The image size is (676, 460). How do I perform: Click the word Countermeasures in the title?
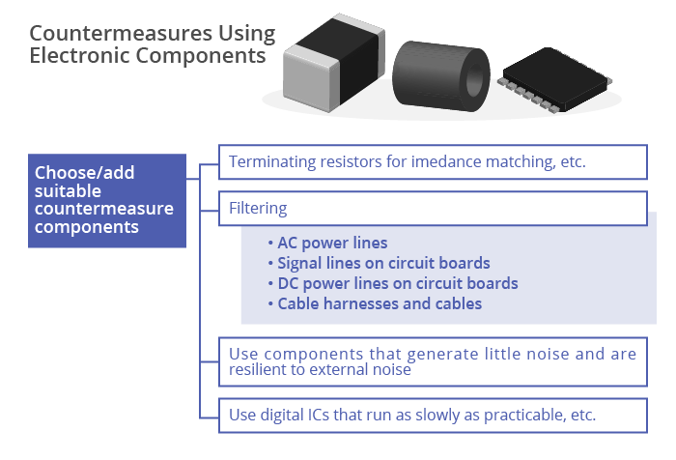121,33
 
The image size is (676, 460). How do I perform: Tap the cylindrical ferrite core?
441,76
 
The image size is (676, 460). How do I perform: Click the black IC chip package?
555,80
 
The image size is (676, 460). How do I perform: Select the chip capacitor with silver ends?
334,63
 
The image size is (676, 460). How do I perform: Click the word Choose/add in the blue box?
85,173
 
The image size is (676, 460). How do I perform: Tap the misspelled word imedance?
446,161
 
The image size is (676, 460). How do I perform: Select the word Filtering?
258,208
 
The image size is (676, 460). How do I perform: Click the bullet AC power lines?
327,243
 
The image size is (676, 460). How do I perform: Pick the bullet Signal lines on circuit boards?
379,263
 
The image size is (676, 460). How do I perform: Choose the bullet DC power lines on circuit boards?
393,283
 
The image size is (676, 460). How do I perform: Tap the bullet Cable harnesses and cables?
375,303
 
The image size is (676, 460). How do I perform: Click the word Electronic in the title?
79,55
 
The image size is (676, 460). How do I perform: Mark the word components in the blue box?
87,227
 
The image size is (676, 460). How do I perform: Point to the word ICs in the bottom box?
318,415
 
